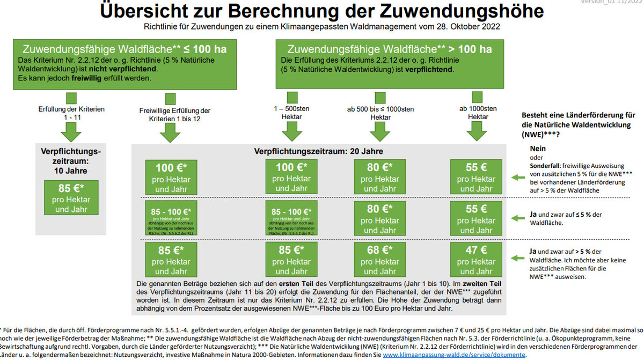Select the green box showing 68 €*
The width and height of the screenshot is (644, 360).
point(380,260)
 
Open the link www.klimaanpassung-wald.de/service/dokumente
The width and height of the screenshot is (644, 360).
point(454,355)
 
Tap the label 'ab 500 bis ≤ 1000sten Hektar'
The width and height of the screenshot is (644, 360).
point(380,113)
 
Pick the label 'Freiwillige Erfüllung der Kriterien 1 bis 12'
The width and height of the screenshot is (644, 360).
point(170,114)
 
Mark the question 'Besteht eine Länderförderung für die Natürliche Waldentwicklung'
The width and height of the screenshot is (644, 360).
point(578,123)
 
